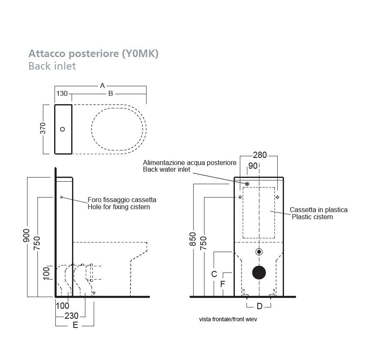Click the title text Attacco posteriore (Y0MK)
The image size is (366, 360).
click(x=93, y=54)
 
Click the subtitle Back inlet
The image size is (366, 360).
click(x=52, y=66)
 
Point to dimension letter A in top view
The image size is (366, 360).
click(x=102, y=86)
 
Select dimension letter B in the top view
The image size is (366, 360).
click(x=111, y=94)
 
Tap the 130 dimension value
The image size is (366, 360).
click(x=62, y=94)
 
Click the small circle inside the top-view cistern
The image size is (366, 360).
click(x=62, y=129)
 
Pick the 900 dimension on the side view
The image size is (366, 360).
click(x=27, y=237)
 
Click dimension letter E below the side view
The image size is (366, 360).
click(x=75, y=325)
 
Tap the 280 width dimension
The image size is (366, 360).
click(x=260, y=155)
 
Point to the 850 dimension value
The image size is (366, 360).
click(x=193, y=239)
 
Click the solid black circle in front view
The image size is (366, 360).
click(x=259, y=272)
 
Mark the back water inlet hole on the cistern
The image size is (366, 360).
click(x=247, y=184)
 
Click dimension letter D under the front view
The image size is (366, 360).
click(x=259, y=307)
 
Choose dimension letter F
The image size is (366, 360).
click(x=223, y=284)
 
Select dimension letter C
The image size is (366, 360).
click(x=214, y=274)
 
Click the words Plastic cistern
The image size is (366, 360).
click(x=312, y=217)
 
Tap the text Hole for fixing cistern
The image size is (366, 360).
click(x=119, y=207)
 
